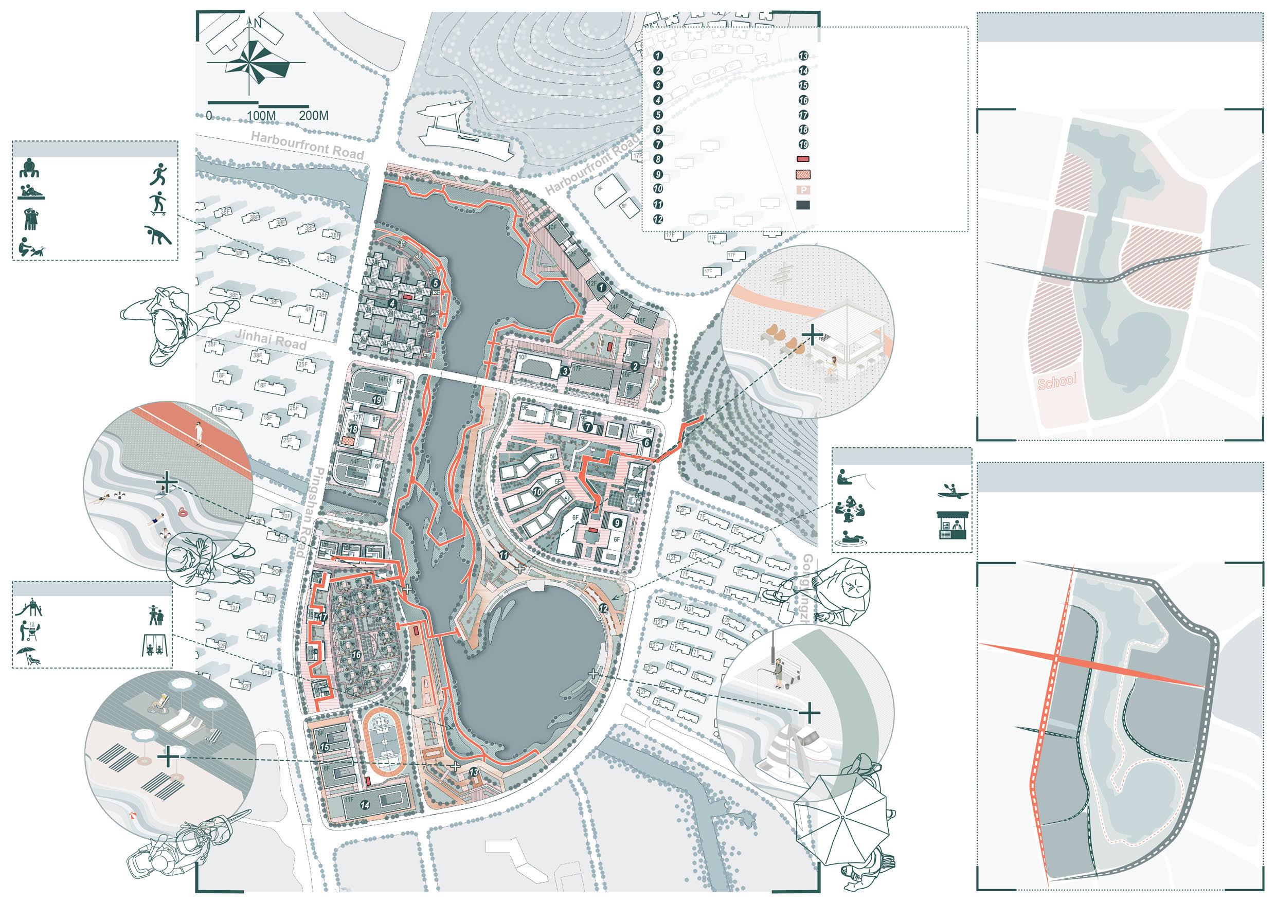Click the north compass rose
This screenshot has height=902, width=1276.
pyautogui.click(x=256, y=61)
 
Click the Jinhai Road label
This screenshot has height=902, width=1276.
pyautogui.click(x=271, y=340)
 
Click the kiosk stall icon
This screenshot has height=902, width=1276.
pyautogui.click(x=952, y=525)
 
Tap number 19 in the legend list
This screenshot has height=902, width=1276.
pyautogui.click(x=803, y=145)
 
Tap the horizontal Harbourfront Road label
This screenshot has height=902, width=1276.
pyautogui.click(x=307, y=145)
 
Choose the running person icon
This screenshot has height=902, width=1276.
pyautogui.click(x=158, y=174)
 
